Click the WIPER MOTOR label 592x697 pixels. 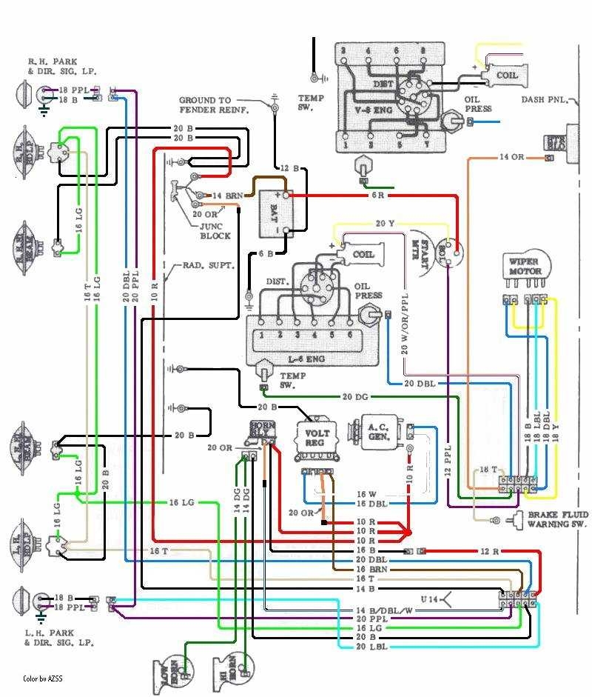[525, 266]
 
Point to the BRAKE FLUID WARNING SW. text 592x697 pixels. [557, 519]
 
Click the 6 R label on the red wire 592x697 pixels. [377, 196]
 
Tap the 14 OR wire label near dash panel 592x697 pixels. [513, 157]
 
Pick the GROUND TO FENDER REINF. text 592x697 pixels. [215, 104]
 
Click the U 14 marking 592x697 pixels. [431, 598]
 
